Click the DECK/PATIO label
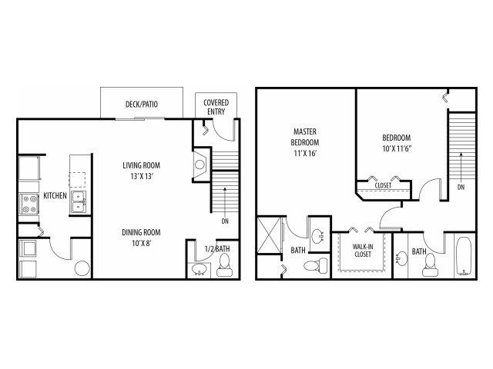[x=142, y=104]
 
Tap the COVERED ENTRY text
[x=214, y=107]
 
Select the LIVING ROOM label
[x=146, y=165]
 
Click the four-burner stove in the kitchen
[x=30, y=202]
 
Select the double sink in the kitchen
[x=78, y=202]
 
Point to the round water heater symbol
[x=82, y=268]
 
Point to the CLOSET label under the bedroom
[x=383, y=185]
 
